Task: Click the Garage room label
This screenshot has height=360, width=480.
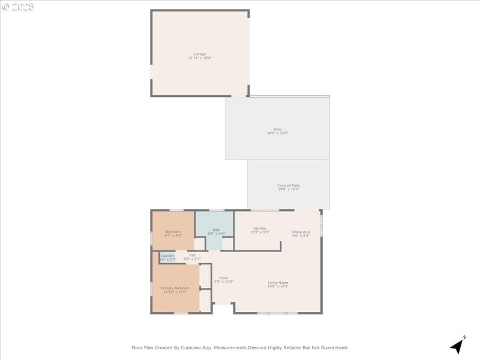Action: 200,54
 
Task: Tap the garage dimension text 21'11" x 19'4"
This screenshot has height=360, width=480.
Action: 200,58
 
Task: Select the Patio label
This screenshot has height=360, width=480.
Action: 277,129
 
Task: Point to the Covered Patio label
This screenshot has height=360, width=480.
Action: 289,185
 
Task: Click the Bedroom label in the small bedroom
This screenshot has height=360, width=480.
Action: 173,232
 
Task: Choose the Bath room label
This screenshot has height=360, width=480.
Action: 216,230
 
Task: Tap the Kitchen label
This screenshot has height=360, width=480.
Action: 259,228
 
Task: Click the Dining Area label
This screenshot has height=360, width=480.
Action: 301,232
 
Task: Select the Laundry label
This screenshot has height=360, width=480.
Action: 167,256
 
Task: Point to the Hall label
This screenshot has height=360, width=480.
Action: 192,256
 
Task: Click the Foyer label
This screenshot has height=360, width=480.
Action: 223,278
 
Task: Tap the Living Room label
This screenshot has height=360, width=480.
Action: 278,283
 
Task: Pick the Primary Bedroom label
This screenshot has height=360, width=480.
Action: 175,288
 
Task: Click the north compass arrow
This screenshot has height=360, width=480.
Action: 458,346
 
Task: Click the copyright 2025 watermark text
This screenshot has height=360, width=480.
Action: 18,7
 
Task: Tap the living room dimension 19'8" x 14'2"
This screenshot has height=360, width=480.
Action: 278,287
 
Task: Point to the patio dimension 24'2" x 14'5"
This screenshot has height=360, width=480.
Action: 277,133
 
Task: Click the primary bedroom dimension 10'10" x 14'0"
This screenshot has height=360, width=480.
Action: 175,292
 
